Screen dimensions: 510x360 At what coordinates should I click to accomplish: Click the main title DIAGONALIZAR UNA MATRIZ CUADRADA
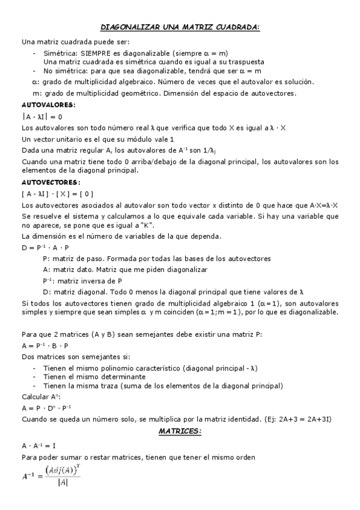180,27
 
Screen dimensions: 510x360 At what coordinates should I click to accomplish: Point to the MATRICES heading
180,432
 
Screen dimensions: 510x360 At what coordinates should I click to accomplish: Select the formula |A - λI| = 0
42,117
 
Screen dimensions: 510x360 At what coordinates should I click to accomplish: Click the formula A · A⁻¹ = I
38,446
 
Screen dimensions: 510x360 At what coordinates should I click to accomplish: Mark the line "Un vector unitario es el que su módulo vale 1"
90,139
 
